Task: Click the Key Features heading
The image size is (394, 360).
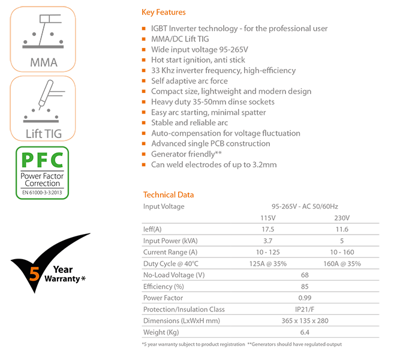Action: click(164, 12)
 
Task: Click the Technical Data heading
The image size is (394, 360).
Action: click(169, 194)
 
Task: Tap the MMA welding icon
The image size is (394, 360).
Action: click(43, 39)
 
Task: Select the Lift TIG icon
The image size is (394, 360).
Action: click(43, 109)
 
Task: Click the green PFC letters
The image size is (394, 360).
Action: click(42, 160)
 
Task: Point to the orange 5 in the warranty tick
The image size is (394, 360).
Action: click(34, 274)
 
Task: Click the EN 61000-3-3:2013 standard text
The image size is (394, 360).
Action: click(42, 193)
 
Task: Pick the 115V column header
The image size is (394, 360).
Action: click(268, 218)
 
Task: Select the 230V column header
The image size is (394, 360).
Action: click(342, 218)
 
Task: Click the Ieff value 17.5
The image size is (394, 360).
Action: click(268, 229)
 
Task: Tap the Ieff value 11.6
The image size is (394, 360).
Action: click(342, 229)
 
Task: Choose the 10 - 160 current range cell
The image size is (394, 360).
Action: click(342, 252)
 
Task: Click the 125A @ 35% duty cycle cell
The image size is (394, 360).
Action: click(268, 264)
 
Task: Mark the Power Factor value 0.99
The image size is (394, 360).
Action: click(305, 298)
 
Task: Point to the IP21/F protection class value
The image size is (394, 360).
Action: click(305, 310)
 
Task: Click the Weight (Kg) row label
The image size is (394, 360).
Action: click(161, 332)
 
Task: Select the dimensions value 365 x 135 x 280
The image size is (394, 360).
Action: click(305, 321)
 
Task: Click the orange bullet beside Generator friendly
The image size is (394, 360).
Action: click(144, 154)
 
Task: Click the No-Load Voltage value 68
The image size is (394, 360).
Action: click(305, 275)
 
